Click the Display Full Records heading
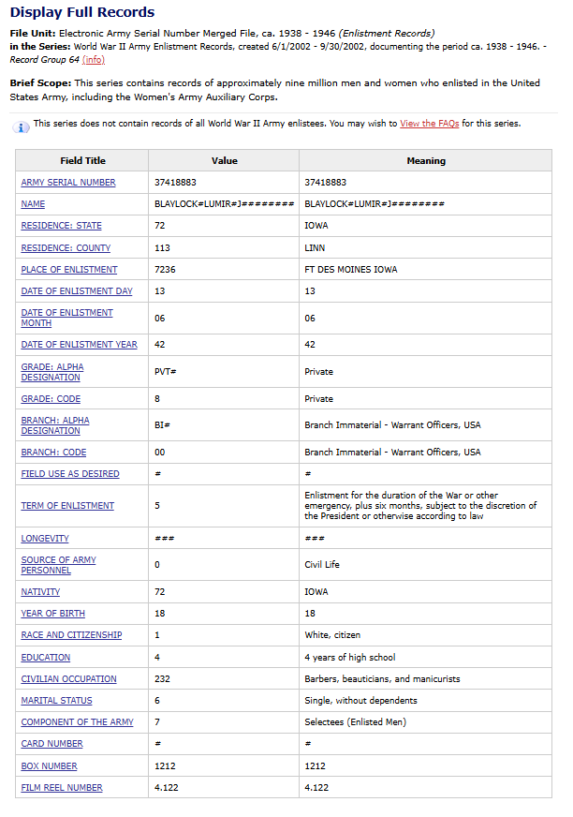coord(82,12)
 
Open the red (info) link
coord(94,60)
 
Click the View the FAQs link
coord(429,124)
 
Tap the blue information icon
coord(22,126)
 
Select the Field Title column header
coord(82,161)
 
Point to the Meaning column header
coord(425,161)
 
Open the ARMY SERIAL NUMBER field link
coord(68,183)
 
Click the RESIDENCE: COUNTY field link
coord(66,248)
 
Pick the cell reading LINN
coord(315,248)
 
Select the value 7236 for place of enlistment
coord(165,270)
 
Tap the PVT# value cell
coord(165,372)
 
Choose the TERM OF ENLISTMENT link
coord(67,506)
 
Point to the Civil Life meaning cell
coord(323,565)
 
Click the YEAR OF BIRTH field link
coord(52,614)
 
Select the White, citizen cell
coord(332,635)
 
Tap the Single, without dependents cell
coord(360,701)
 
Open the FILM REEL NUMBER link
coord(62,788)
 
